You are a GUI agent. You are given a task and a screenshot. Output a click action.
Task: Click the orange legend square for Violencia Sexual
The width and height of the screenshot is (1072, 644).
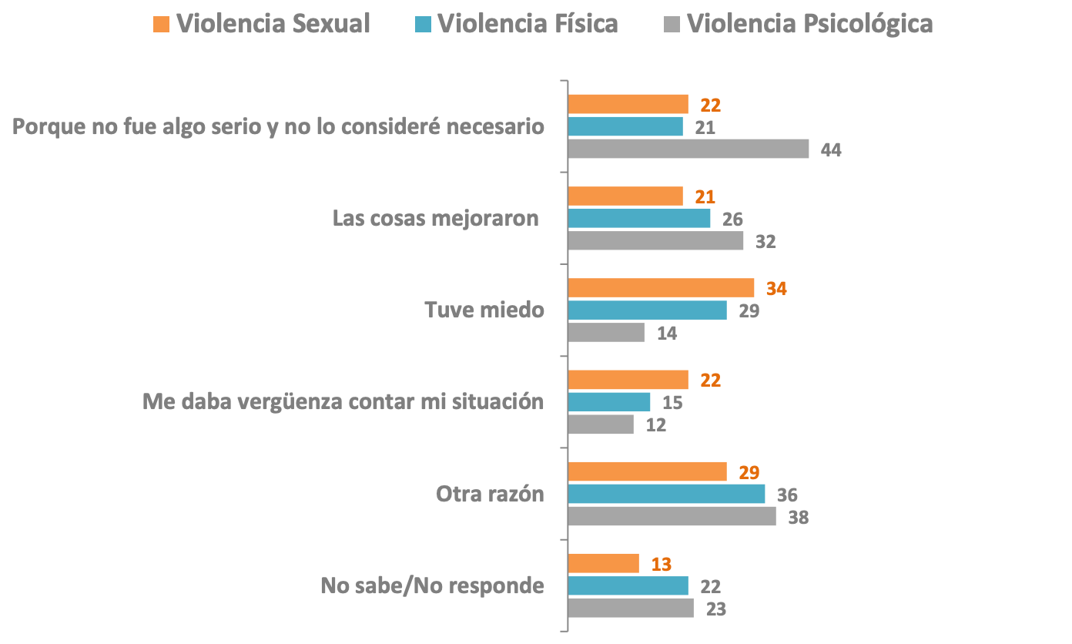(160, 24)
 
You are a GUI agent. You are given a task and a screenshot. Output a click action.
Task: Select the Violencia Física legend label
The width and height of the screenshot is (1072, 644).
(528, 24)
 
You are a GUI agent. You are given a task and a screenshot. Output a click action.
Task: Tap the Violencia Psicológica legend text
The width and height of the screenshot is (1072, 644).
(809, 24)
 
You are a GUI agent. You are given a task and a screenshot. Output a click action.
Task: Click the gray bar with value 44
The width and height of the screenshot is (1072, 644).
(688, 149)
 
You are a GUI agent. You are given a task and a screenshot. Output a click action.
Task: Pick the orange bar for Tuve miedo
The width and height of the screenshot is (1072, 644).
(661, 288)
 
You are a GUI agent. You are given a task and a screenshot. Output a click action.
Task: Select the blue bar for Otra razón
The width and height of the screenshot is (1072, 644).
(666, 494)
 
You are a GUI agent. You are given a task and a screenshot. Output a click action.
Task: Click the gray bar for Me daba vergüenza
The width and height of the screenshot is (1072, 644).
(601, 424)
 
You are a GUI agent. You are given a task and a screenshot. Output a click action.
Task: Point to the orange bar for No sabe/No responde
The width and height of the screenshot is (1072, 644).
(603, 563)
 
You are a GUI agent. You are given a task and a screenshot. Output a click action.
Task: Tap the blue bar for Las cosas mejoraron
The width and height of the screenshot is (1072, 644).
(638, 219)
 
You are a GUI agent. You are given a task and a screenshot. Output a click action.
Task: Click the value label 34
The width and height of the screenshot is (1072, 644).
(776, 289)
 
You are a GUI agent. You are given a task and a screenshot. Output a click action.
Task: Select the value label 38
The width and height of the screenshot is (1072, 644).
(798, 517)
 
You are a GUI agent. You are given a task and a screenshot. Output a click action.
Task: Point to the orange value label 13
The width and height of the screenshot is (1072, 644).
(661, 564)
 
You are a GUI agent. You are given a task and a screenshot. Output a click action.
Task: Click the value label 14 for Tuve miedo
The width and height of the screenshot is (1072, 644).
(666, 334)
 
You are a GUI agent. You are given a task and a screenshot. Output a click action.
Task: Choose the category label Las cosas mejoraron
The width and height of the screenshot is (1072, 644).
(435, 218)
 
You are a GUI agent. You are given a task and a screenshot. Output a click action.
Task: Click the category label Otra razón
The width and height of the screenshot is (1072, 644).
(490, 493)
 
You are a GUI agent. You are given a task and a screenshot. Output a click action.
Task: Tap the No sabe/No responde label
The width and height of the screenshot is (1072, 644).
(432, 585)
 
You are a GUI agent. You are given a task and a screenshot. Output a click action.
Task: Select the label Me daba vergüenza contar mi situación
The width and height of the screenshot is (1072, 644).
(343, 401)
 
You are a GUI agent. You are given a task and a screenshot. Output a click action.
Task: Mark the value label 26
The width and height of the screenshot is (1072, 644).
(732, 220)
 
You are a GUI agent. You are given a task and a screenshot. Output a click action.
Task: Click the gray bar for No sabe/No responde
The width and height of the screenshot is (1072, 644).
(630, 609)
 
